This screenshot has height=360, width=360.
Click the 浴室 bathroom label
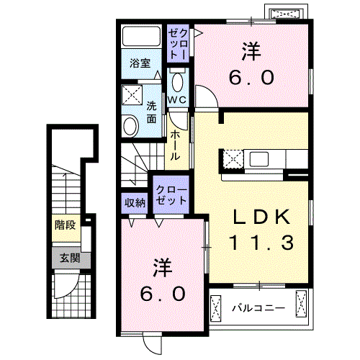click(x=140, y=63)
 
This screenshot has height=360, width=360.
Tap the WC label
click(x=177, y=99)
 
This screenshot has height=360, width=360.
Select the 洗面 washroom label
click(x=152, y=111)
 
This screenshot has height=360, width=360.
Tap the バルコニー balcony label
click(x=258, y=309)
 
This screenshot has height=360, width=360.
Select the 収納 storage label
click(x=135, y=202)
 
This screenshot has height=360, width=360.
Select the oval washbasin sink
click(x=130, y=126)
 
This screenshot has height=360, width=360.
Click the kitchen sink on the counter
click(x=260, y=158)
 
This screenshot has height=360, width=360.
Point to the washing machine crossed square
click(x=131, y=94)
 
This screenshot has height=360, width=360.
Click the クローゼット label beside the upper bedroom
click(x=178, y=42)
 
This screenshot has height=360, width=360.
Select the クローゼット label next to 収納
click(x=171, y=194)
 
